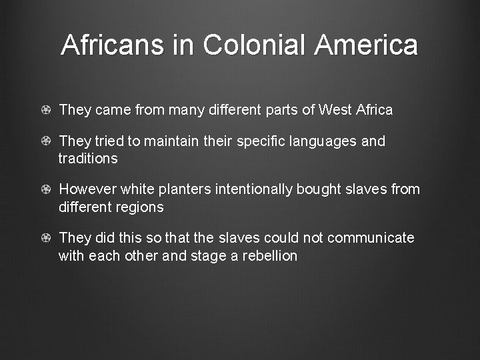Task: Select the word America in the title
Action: pyautogui.click(x=367, y=45)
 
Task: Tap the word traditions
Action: pyautogui.click(x=88, y=159)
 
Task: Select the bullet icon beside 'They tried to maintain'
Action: pyautogui.click(x=45, y=142)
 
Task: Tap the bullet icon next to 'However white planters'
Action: pyautogui.click(x=45, y=190)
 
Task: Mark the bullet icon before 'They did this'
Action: pyautogui.click(x=45, y=238)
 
